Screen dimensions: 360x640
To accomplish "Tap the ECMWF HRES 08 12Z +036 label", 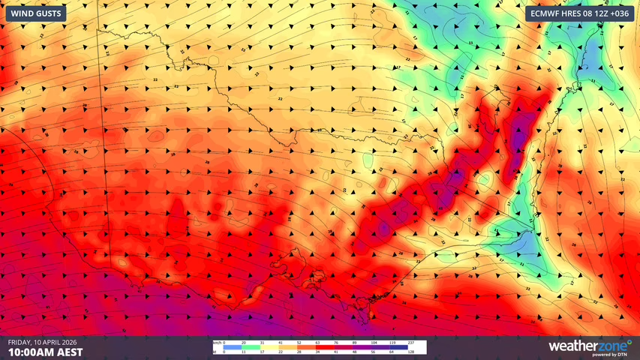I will coord(578,13).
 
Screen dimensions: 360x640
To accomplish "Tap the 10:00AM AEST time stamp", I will coord(45,352).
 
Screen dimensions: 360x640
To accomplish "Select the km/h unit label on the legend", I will coord(217,343).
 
